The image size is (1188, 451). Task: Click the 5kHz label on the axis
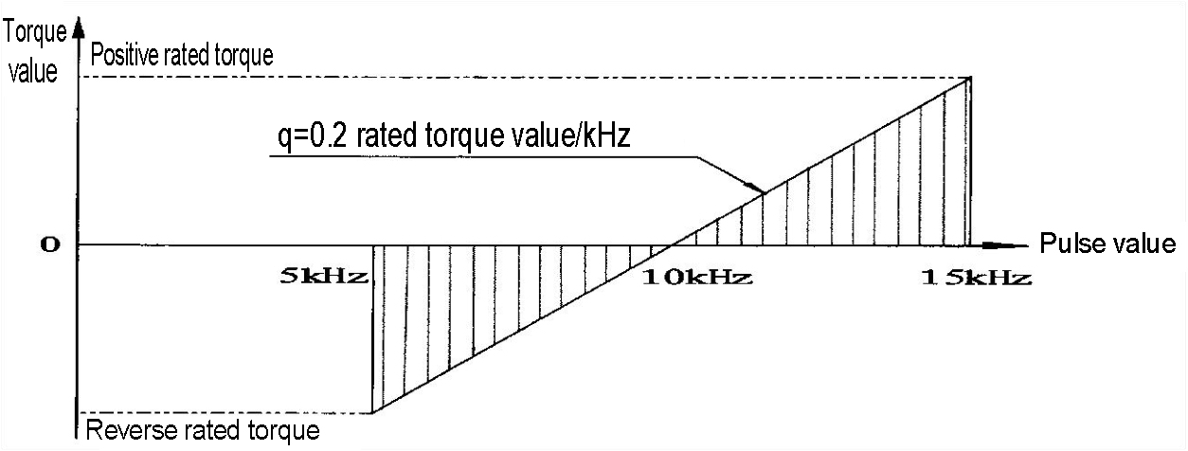click(324, 277)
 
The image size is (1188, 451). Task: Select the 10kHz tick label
click(697, 277)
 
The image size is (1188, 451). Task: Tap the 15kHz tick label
click(977, 277)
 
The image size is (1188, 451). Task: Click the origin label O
click(50, 244)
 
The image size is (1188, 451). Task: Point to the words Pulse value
click(1107, 244)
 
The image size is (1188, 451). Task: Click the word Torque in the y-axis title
click(36, 33)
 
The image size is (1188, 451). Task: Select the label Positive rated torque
click(182, 55)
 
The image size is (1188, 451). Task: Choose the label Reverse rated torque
click(203, 430)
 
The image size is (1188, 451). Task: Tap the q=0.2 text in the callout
click(313, 135)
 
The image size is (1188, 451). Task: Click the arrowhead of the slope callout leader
click(757, 189)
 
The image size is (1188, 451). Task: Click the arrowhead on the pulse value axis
click(1005, 245)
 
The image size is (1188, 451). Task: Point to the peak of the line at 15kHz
click(970, 78)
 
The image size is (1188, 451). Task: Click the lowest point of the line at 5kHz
click(372, 413)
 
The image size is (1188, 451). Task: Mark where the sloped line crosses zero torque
click(672, 245)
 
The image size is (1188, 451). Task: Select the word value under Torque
click(33, 71)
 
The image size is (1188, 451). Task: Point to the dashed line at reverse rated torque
click(225, 413)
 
